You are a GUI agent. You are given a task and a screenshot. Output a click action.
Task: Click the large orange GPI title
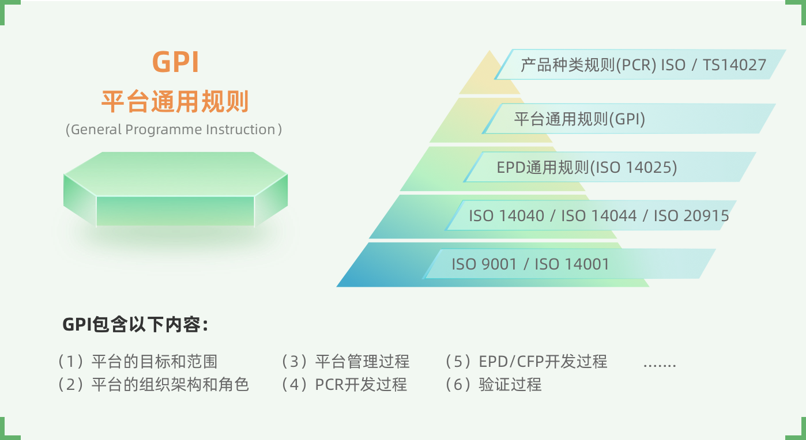176,62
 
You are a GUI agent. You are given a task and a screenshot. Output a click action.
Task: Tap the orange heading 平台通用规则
175,102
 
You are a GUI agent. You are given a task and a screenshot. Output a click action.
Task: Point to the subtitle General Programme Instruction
174,130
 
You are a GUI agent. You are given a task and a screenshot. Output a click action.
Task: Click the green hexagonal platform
176,189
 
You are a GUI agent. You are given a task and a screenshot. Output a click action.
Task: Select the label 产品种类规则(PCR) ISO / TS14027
643,65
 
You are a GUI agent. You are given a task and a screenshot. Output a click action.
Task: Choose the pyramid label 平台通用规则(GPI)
579,119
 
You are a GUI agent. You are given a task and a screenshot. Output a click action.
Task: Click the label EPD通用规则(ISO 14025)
587,168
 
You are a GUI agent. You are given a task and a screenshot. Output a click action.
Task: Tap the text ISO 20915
691,216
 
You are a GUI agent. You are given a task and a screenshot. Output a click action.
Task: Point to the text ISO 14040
506,216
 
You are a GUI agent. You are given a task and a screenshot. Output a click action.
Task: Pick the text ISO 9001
484,264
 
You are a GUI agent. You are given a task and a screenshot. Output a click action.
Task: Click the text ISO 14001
572,264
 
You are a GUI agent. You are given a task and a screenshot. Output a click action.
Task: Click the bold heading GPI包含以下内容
135,325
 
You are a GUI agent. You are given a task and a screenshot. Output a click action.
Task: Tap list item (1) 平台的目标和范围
138,362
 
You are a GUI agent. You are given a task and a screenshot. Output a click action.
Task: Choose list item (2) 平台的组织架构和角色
153,385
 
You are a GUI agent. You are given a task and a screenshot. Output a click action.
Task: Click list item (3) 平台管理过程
345,362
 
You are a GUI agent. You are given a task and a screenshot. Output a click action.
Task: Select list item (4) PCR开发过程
344,385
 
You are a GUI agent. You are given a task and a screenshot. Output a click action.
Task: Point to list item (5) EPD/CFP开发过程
526,362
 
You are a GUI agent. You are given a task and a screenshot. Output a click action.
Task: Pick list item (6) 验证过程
494,385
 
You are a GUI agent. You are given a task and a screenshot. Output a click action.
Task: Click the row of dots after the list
660,366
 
